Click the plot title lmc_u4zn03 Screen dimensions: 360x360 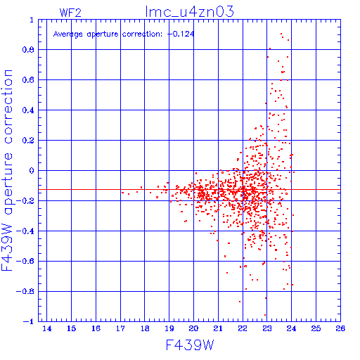[189, 11]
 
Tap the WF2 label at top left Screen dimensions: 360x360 [70, 13]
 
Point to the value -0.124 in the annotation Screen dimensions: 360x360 [181, 34]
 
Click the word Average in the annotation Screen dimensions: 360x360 [68, 34]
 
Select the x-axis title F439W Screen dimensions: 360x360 [190, 345]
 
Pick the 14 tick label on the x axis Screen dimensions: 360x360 [47, 328]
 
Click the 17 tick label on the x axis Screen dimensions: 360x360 [120, 328]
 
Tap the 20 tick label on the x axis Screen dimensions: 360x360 [193, 328]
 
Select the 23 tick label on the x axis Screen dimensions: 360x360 [267, 328]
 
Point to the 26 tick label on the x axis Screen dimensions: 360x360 [340, 328]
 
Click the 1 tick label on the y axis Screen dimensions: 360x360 [32, 20]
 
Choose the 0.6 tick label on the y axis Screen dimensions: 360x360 [28, 80]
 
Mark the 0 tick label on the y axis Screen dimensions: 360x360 [32, 170]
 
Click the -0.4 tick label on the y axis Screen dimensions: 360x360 [25, 231]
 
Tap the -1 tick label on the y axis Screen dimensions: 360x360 [29, 321]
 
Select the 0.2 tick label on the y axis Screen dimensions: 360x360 [28, 141]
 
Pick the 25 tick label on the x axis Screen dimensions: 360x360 [316, 328]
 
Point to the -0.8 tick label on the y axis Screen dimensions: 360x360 [25, 291]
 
